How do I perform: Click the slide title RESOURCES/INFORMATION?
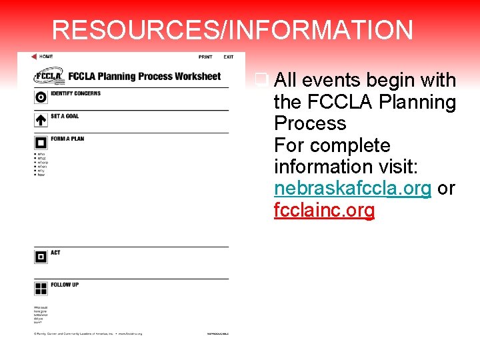(232, 31)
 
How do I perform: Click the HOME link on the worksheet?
(46, 57)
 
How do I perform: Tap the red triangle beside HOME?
(34, 57)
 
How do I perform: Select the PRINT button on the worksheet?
(205, 57)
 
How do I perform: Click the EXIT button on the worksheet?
(229, 57)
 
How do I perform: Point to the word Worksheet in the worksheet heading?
(197, 76)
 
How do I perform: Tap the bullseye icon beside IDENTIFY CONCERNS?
(41, 97)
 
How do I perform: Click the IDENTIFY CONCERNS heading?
(75, 93)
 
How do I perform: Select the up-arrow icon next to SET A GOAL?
(41, 120)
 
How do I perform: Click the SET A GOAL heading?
(65, 116)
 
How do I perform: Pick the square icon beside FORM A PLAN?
(41, 143)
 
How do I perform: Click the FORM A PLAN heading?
(67, 139)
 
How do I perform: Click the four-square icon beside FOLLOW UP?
(41, 288)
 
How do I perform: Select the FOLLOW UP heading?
(65, 285)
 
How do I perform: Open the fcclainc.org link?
(324, 211)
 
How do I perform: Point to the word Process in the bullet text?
(310, 124)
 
